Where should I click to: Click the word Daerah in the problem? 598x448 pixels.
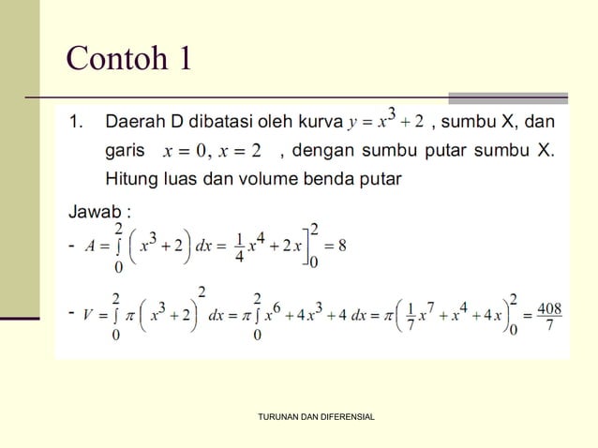tap(133, 122)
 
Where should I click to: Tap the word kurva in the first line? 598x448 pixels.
tap(320, 122)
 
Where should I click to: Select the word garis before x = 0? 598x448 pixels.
tap(125, 151)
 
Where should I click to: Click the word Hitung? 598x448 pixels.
tap(131, 179)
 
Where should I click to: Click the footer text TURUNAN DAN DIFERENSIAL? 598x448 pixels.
tap(316, 416)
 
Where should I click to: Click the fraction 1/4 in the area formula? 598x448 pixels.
tap(240, 246)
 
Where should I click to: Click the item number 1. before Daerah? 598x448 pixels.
tap(77, 122)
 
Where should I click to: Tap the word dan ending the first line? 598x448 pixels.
tap(540, 122)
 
